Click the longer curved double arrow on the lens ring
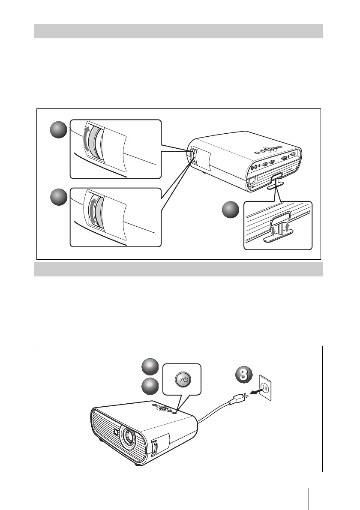87,142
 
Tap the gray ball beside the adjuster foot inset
231,211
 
